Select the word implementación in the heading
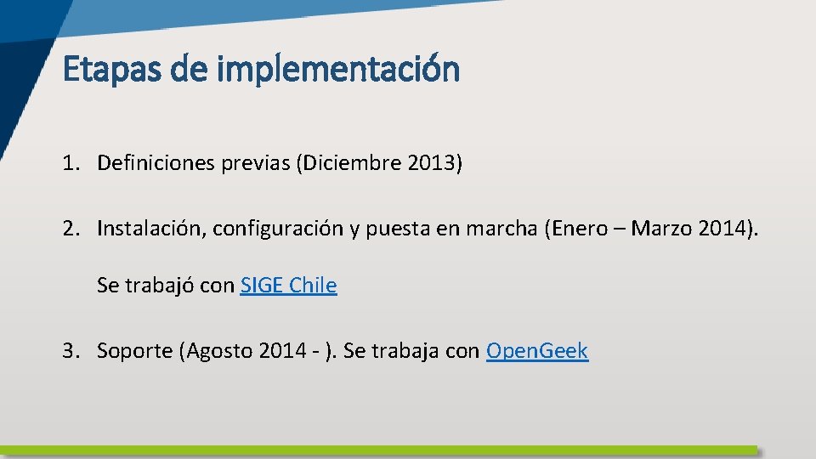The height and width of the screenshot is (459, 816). click(338, 69)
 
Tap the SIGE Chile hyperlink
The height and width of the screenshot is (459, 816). click(288, 286)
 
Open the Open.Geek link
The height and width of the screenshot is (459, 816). click(536, 351)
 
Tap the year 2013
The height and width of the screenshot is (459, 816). click(430, 162)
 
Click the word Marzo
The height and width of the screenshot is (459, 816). click(656, 228)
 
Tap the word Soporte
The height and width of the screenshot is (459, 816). click(134, 351)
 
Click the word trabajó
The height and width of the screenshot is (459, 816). click(161, 286)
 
